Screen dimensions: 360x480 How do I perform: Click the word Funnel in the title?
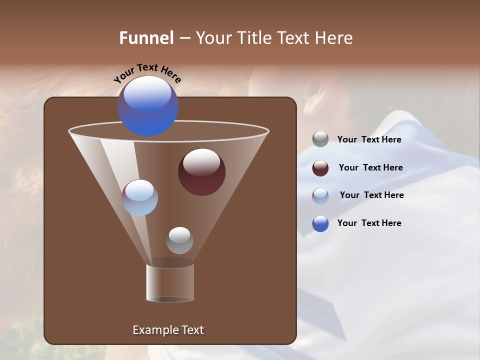(146, 38)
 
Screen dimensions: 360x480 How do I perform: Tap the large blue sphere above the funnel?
(148, 106)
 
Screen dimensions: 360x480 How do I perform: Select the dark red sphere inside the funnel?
(201, 172)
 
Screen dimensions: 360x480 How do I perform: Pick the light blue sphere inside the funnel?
(139, 197)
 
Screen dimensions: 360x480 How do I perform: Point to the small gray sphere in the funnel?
(179, 240)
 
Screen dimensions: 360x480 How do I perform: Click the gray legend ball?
(320, 139)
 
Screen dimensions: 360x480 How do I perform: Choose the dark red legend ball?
(320, 168)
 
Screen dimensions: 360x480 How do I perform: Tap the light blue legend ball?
(320, 196)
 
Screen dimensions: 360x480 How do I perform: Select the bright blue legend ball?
(320, 223)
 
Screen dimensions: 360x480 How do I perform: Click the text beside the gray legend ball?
(369, 140)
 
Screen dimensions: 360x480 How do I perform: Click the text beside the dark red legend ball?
(370, 168)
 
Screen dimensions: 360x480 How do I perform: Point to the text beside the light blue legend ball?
(371, 195)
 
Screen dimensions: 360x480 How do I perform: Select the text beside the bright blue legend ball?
(369, 223)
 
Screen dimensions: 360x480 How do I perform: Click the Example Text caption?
(168, 330)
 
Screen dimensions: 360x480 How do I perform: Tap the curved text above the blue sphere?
(147, 73)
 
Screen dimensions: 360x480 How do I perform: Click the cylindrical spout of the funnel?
(170, 282)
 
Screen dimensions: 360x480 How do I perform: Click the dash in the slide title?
(184, 38)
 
